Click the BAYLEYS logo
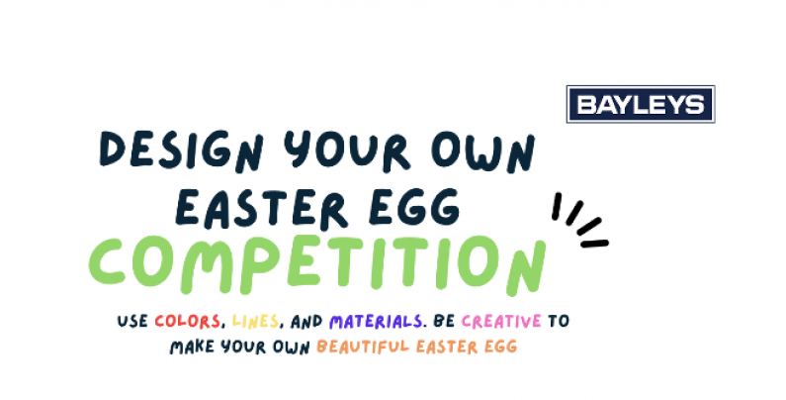640,104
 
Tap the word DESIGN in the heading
182,150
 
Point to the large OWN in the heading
483,151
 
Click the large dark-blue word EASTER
262,208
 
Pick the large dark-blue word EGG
415,207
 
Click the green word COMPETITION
317,264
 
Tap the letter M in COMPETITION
206,266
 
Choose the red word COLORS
188,321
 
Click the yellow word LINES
256,321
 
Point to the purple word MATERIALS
375,321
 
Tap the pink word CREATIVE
501,321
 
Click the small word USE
132,321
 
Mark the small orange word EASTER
447,347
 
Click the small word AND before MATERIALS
306,321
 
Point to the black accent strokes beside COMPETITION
579,221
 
